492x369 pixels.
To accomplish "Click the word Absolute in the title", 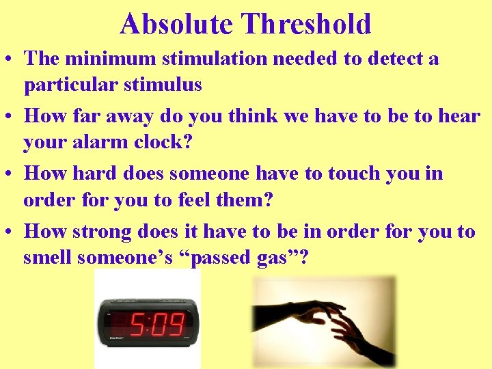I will pos(177,24).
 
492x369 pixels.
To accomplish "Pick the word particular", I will pos(70,85).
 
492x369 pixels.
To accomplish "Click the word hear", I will pos(459,116).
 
